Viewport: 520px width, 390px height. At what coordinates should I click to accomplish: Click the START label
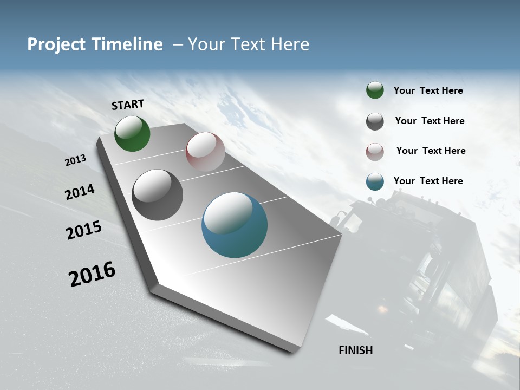(128, 105)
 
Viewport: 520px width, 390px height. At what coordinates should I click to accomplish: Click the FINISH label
(356, 350)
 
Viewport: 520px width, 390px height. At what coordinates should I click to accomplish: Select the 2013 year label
(76, 160)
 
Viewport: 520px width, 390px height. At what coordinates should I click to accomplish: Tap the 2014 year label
(80, 192)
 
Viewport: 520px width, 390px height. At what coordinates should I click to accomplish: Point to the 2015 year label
(84, 230)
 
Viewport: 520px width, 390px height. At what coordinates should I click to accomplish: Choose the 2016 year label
(92, 274)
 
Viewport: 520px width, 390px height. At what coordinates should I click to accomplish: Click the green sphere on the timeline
(132, 133)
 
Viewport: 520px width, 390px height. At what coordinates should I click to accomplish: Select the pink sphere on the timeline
(205, 152)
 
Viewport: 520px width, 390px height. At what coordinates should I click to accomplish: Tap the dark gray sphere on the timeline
(157, 195)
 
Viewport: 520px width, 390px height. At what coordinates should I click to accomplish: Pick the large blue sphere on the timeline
(235, 225)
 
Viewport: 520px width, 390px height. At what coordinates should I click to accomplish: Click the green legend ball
(375, 90)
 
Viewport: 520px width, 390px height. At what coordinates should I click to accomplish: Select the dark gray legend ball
(375, 121)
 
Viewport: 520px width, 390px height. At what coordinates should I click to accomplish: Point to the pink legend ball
(375, 152)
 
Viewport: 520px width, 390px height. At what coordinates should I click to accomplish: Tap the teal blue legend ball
(375, 182)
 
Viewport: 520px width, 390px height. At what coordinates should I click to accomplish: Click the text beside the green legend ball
(428, 90)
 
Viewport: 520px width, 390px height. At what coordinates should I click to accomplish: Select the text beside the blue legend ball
(428, 181)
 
